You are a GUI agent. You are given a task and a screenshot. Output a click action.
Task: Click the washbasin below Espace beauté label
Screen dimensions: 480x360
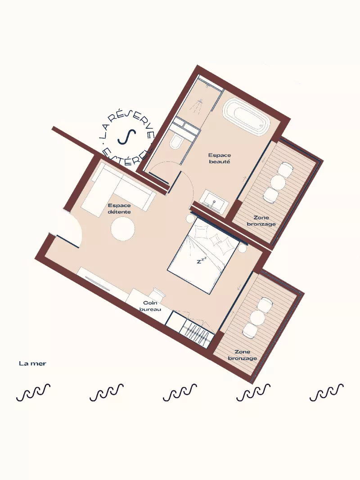click(x=214, y=201)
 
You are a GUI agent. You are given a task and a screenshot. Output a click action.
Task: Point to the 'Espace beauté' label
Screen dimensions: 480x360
click(x=220, y=158)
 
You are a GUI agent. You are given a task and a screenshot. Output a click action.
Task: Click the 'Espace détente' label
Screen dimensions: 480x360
click(x=119, y=208)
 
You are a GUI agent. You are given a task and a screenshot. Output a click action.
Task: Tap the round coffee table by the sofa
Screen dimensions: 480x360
click(x=122, y=229)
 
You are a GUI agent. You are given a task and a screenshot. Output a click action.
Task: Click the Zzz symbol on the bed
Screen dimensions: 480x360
click(x=202, y=260)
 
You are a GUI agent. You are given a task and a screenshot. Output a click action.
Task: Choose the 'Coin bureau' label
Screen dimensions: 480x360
click(x=149, y=306)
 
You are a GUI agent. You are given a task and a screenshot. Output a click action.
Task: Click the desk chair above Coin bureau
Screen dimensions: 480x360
click(x=159, y=293)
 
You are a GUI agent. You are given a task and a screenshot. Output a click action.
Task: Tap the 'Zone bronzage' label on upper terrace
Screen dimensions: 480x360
click(x=261, y=220)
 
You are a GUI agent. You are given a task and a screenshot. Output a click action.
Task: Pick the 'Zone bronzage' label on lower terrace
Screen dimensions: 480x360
click(x=243, y=355)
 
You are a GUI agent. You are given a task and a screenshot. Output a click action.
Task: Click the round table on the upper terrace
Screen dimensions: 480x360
click(x=278, y=182)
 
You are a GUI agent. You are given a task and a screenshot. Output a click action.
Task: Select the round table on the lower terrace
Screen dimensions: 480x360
click(x=257, y=318)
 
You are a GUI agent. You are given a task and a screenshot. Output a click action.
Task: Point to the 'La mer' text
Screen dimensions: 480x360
click(x=32, y=363)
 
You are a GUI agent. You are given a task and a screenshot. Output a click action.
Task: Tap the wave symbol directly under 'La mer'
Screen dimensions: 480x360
click(x=33, y=393)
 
